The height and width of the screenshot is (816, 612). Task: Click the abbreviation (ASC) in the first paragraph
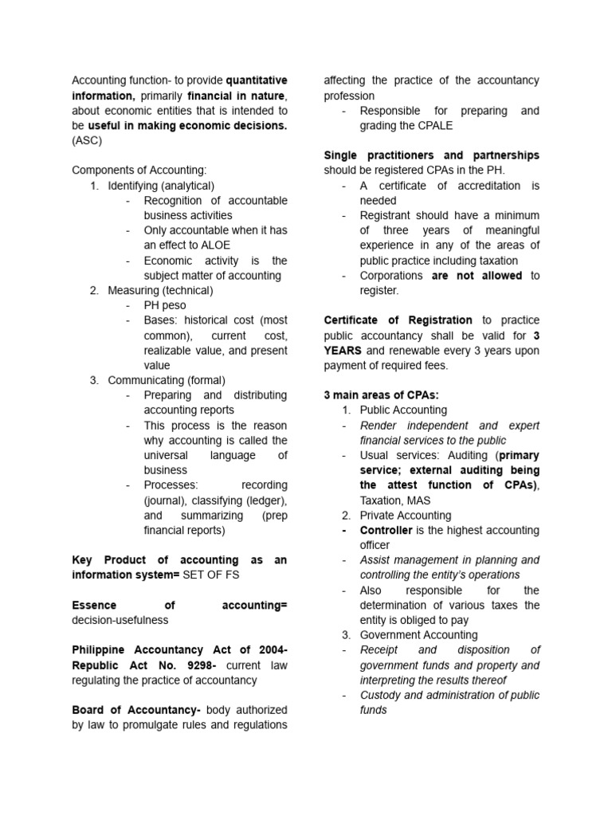click(87, 140)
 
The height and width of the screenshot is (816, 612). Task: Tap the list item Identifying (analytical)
click(161, 185)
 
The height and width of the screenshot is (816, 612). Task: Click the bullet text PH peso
click(165, 305)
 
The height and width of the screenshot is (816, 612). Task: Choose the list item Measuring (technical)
click(160, 290)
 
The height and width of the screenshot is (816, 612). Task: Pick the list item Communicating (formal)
click(167, 380)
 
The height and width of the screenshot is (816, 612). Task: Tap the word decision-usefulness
click(120, 619)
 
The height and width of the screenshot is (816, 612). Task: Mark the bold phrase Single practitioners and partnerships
click(431, 155)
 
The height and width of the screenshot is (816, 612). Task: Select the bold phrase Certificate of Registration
click(398, 320)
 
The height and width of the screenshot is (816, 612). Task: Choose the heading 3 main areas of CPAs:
click(381, 395)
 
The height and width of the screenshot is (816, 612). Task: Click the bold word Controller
click(386, 530)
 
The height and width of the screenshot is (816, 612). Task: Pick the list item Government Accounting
click(418, 635)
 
